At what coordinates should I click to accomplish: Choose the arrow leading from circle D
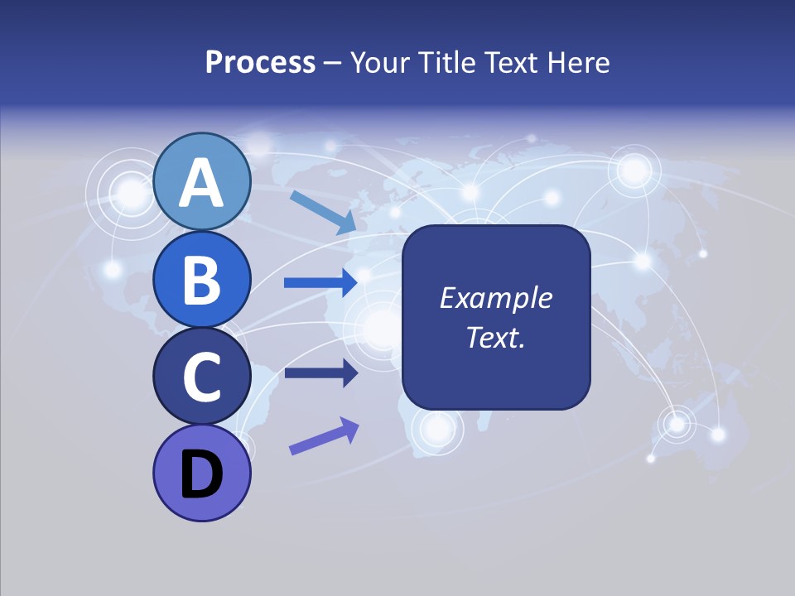(323, 436)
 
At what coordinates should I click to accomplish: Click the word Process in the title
(260, 62)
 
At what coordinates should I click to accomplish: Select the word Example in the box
(495, 298)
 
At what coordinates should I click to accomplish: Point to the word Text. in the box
(495, 337)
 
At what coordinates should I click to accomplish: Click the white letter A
(201, 183)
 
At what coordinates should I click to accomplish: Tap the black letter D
(201, 474)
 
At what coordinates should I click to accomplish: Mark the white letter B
(201, 280)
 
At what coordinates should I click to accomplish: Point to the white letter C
(201, 377)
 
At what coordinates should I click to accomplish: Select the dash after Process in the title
(332, 64)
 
